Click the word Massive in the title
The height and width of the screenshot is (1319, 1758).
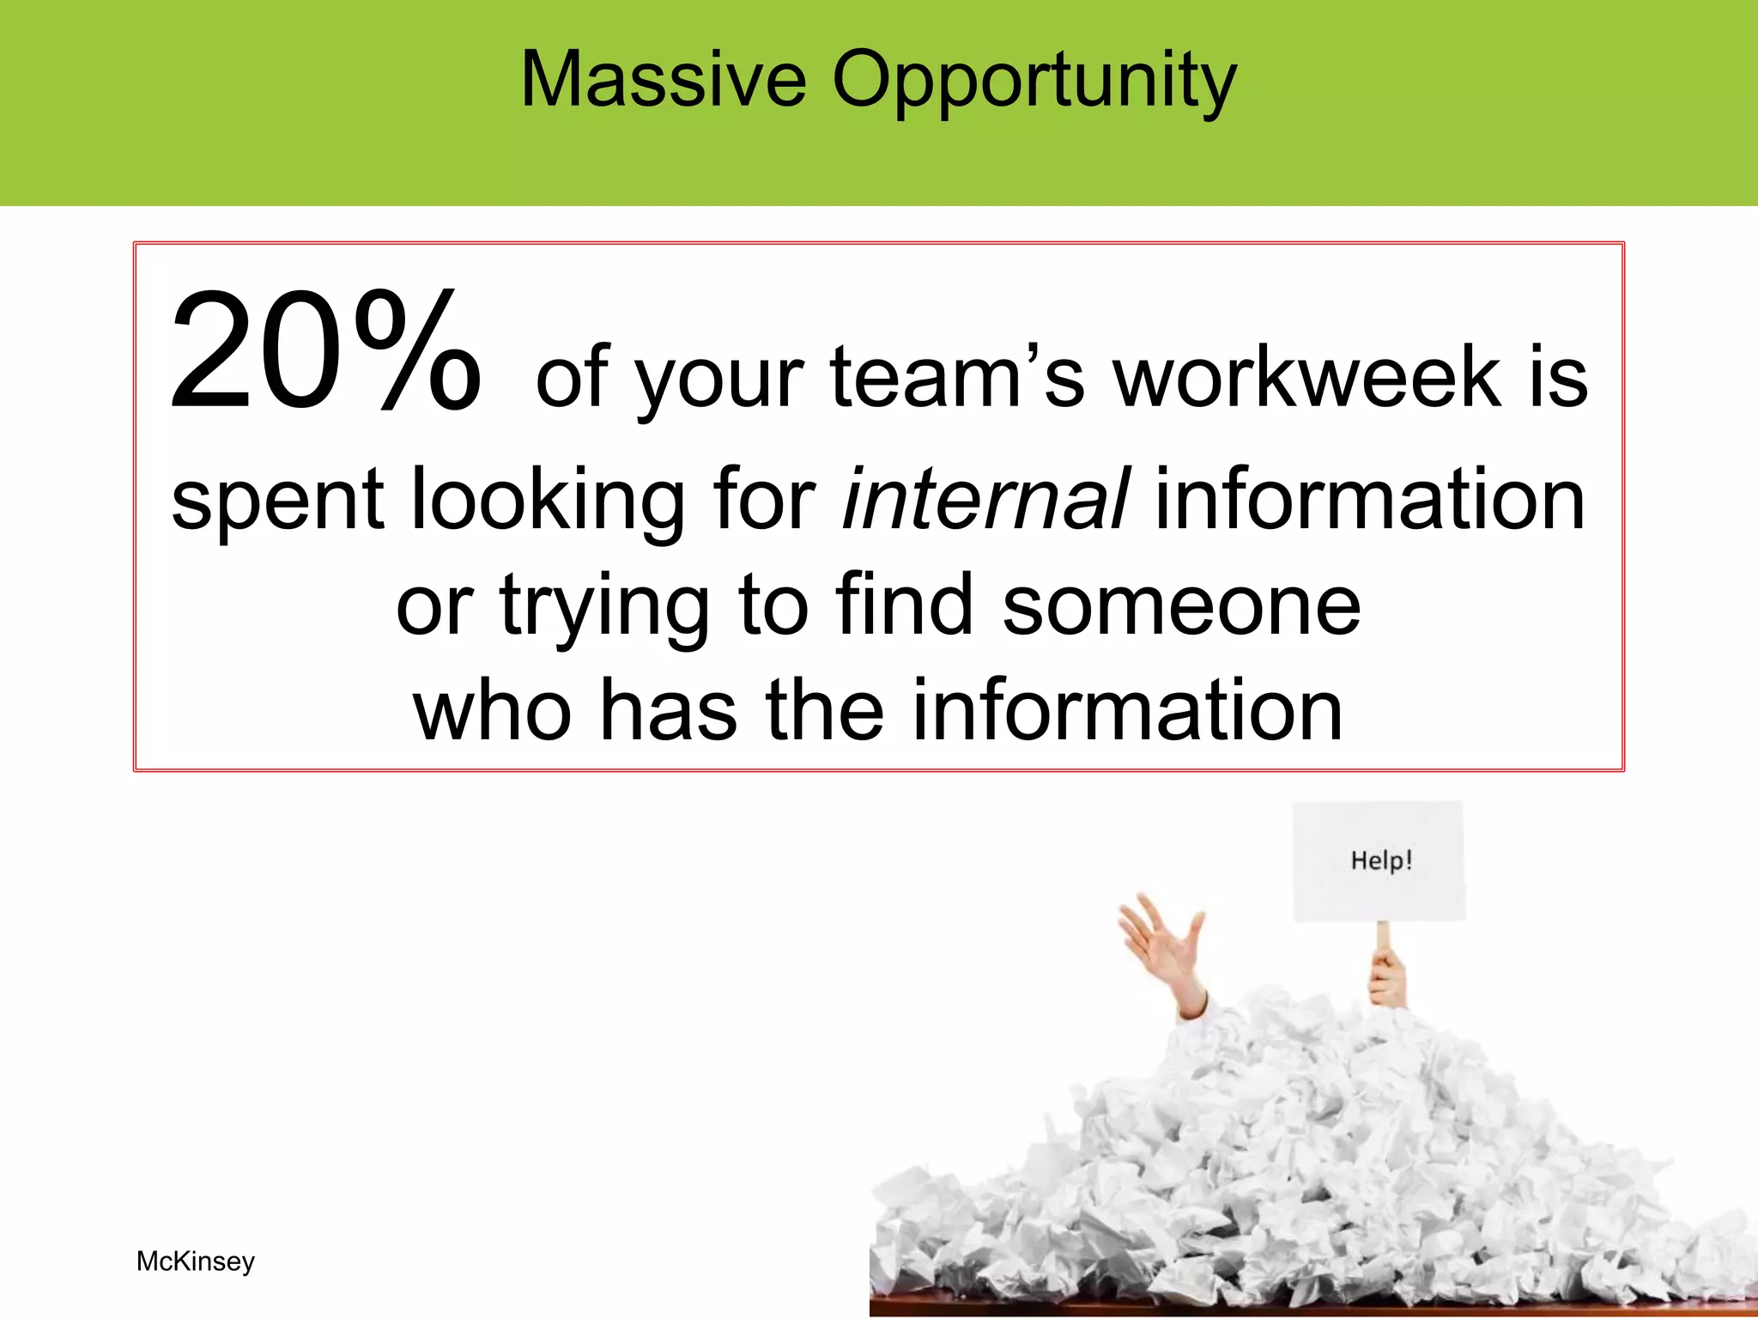664,79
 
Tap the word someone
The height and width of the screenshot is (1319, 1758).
1181,605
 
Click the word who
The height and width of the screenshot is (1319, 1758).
492,710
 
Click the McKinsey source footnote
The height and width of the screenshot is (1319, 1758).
196,1261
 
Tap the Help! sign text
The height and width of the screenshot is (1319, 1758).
1381,860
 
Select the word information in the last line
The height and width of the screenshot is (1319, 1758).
1126,710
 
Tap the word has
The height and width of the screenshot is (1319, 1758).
668,710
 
